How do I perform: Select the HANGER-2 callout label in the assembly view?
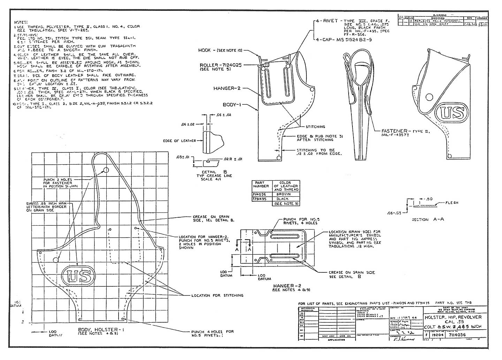tap(227, 88)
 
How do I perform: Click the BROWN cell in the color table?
tap(286, 194)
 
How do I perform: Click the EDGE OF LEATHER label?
tap(180, 141)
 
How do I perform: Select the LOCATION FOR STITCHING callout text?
tap(217, 295)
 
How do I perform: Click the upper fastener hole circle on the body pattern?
tap(106, 170)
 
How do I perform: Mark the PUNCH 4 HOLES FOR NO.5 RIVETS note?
tap(212, 333)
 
